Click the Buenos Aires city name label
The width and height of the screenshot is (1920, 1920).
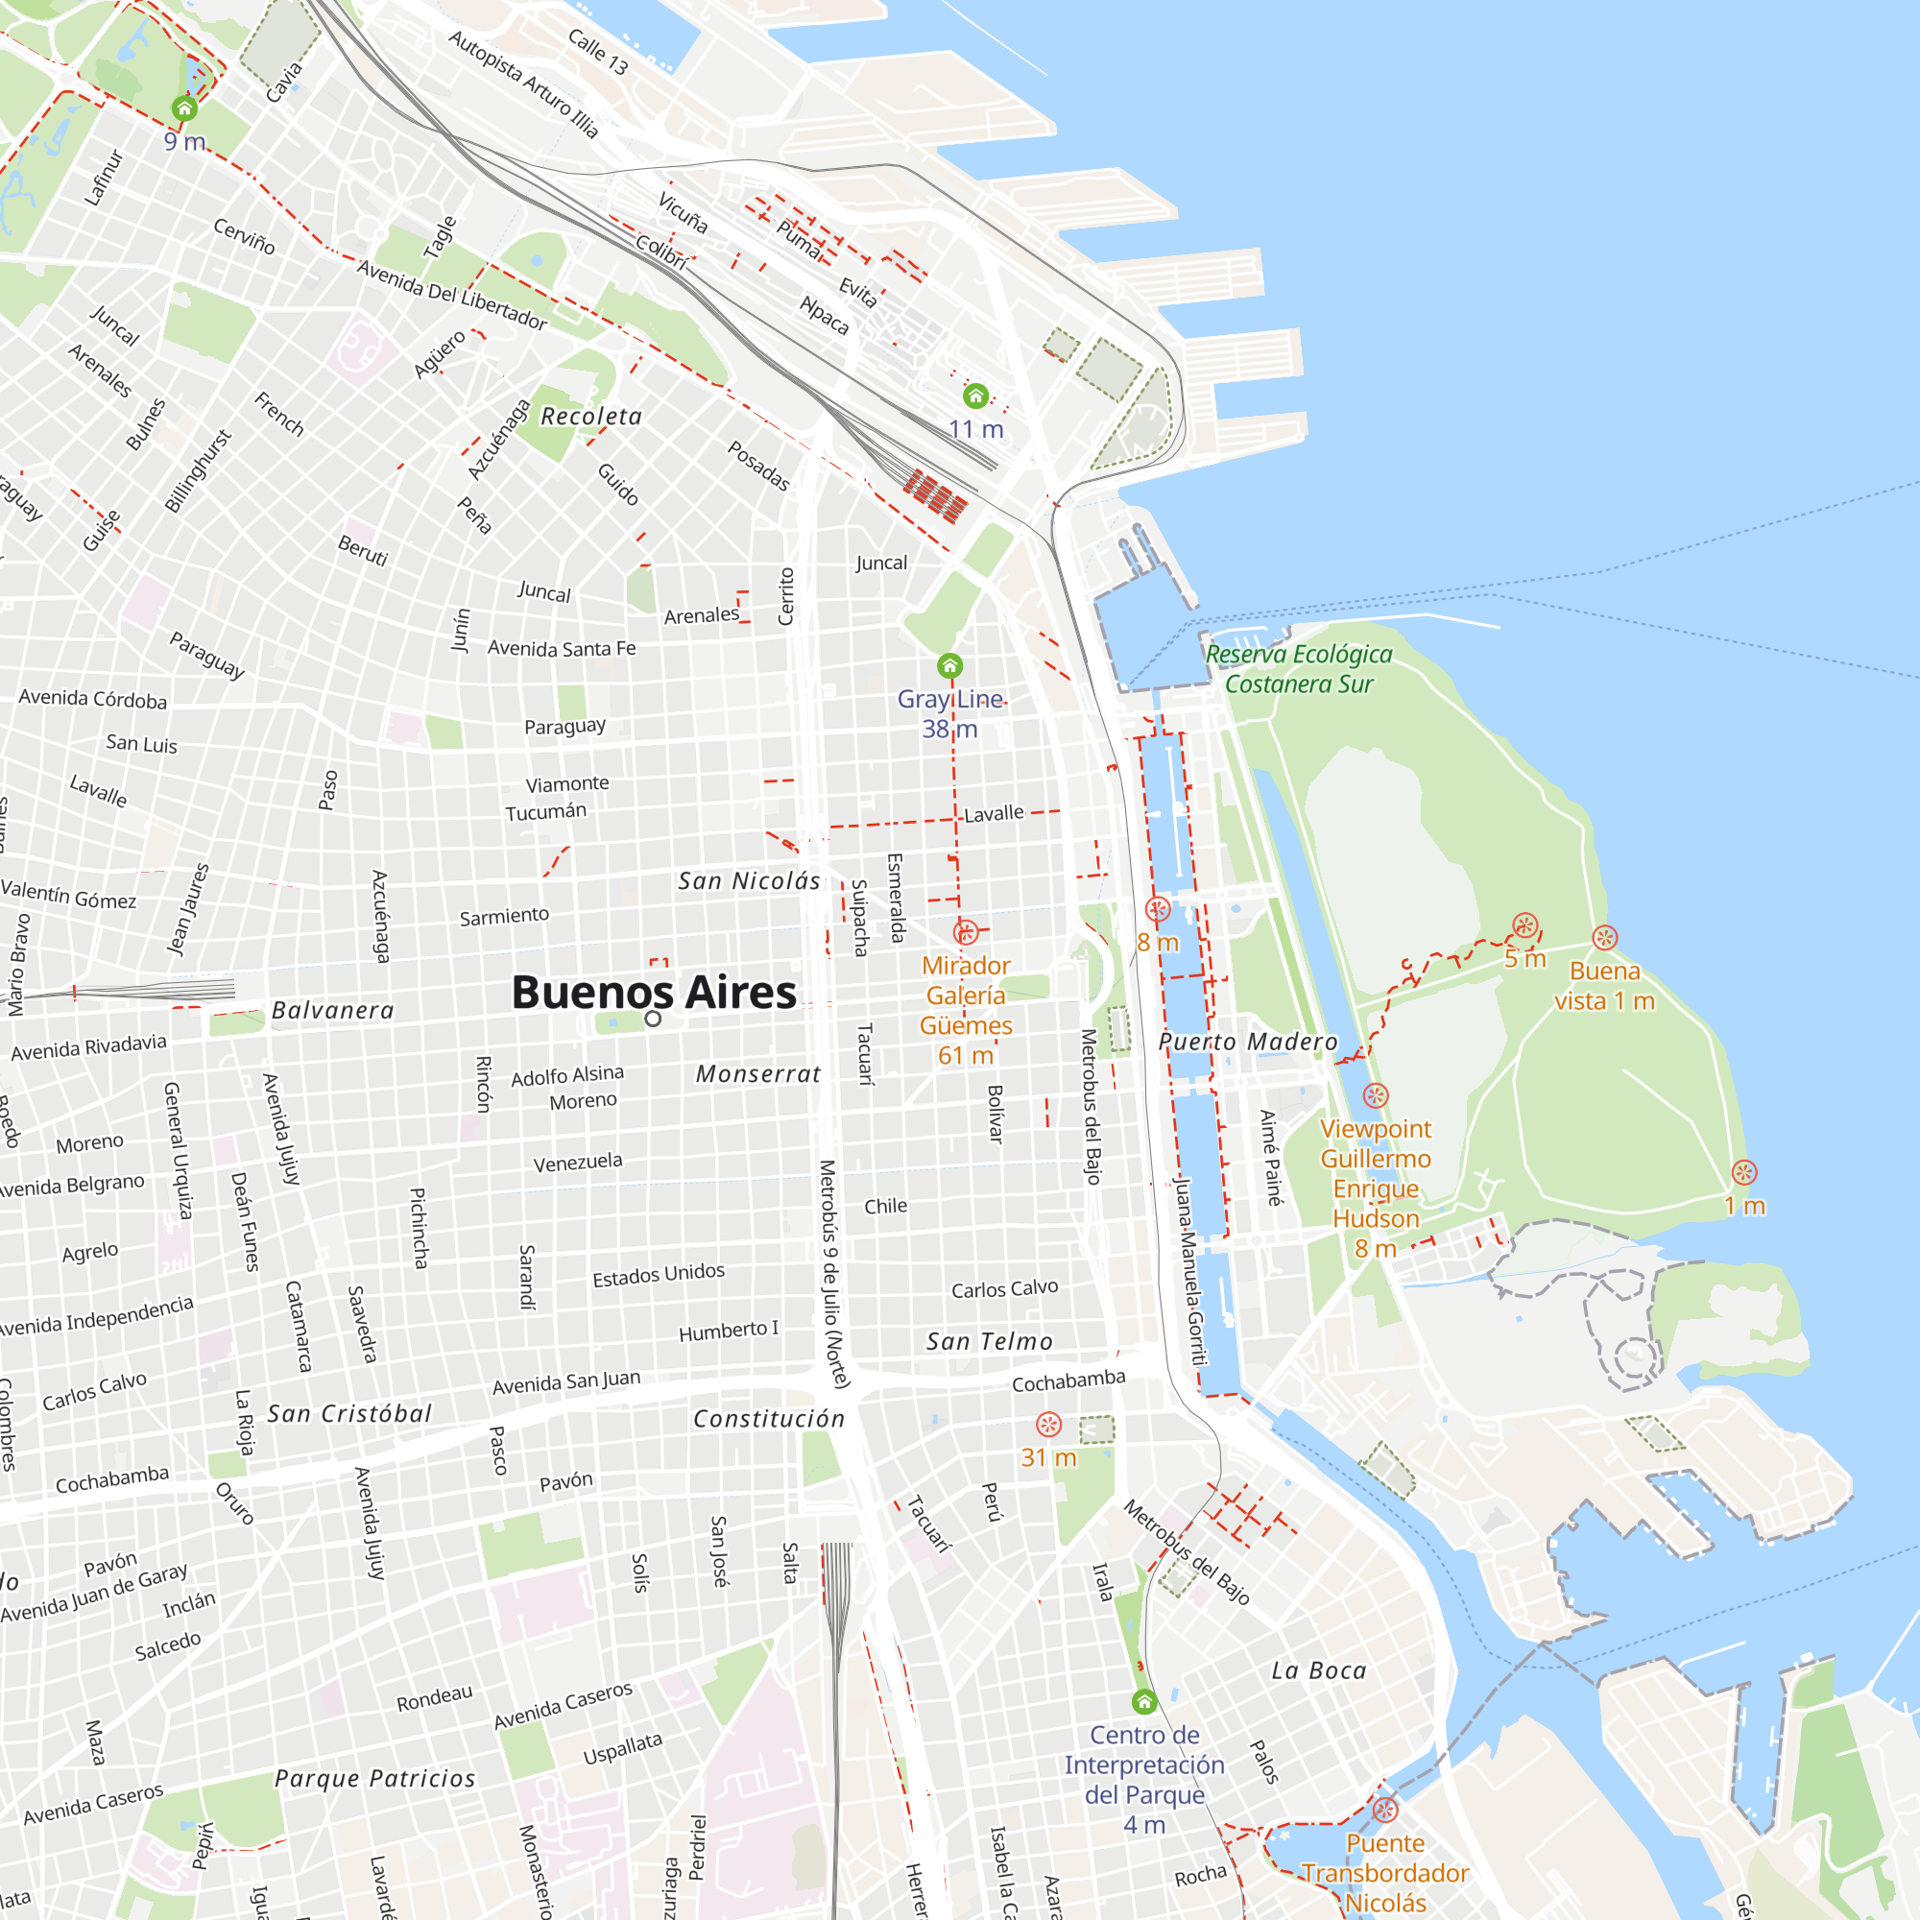(x=653, y=992)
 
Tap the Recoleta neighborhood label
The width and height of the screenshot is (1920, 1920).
(x=591, y=417)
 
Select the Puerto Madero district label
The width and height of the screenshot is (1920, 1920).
(x=1248, y=1042)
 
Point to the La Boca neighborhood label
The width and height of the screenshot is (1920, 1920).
(x=1319, y=1670)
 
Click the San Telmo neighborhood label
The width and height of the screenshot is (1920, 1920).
(x=989, y=1342)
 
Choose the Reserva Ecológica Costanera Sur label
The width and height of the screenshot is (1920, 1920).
(x=1298, y=669)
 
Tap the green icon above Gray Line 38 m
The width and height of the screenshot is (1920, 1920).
(x=950, y=665)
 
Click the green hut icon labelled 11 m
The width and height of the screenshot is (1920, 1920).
(x=976, y=396)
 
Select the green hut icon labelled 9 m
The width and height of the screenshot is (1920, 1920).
(x=184, y=108)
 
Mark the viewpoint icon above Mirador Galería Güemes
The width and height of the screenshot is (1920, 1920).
(x=965, y=932)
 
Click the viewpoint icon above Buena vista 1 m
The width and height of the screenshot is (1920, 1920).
(x=1604, y=937)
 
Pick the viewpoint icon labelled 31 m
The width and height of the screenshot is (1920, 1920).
(x=1048, y=1424)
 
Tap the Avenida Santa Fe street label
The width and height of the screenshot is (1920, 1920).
(x=562, y=649)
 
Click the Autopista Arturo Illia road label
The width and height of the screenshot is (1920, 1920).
(x=523, y=84)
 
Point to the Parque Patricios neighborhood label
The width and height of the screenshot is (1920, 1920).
(x=374, y=1779)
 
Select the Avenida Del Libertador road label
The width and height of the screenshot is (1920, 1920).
(x=451, y=294)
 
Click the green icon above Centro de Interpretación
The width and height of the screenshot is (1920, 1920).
(x=1144, y=1701)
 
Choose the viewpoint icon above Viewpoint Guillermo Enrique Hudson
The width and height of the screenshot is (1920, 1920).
(x=1376, y=1095)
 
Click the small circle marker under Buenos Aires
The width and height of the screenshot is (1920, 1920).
(x=653, y=1019)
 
